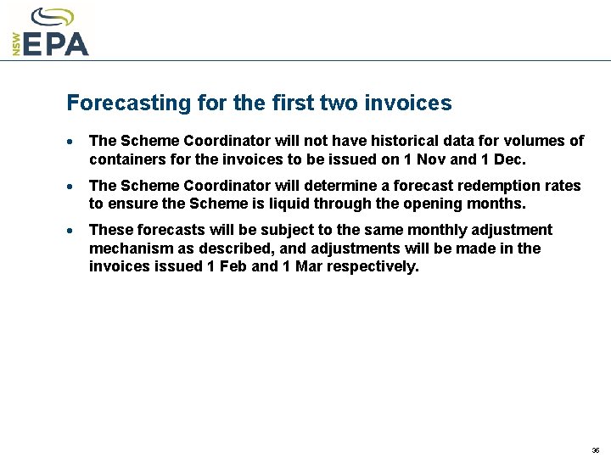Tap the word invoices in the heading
(408, 103)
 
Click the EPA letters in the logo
(56, 42)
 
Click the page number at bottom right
(596, 450)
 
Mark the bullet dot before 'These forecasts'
(75, 231)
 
